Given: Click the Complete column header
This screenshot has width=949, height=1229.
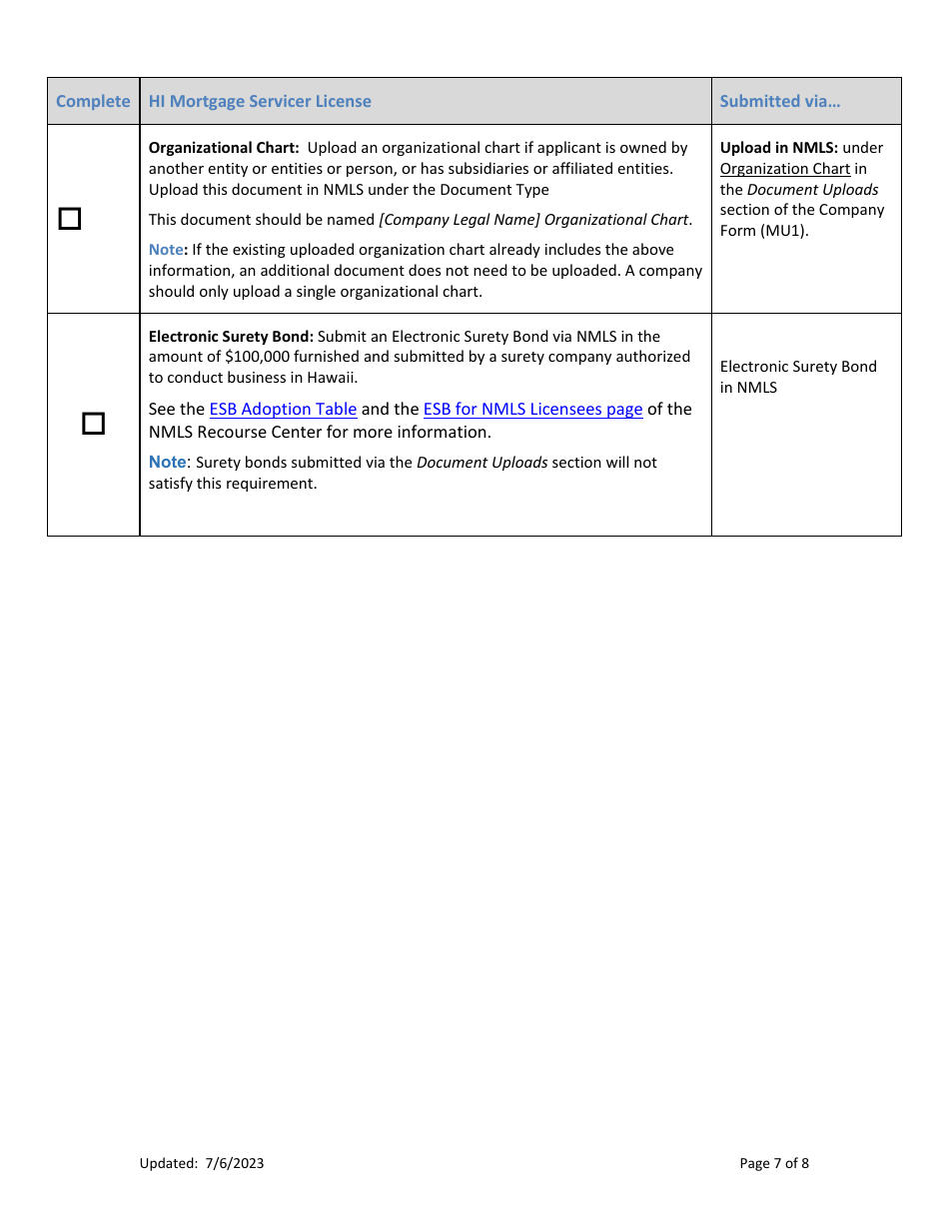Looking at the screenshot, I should [93, 101].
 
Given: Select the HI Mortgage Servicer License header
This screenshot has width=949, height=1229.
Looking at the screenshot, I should [260, 101].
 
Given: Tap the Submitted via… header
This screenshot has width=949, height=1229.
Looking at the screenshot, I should [779, 101].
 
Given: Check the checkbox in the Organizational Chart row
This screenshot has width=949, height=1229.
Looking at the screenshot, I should [70, 219].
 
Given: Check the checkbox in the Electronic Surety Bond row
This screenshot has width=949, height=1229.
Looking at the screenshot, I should [93, 424].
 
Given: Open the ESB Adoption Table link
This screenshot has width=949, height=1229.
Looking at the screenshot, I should [283, 409].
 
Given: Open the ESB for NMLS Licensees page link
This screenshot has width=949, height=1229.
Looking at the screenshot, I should [532, 409].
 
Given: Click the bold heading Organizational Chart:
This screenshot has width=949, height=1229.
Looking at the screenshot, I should [224, 148].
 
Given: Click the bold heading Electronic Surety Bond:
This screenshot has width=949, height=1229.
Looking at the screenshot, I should [231, 337].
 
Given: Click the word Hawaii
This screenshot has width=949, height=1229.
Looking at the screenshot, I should [331, 378].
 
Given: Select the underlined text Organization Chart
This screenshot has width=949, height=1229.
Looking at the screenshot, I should [785, 169].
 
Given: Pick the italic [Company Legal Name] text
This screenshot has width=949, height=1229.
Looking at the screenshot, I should [460, 220].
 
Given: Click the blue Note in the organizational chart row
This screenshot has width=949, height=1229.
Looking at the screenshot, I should [166, 250].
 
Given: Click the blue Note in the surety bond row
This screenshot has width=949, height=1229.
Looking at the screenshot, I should [167, 462].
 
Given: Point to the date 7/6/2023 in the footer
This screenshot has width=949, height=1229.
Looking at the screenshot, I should [235, 1163].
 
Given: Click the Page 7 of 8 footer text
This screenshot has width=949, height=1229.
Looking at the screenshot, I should [774, 1163].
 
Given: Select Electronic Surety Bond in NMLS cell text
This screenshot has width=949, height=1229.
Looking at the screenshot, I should [798, 377].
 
